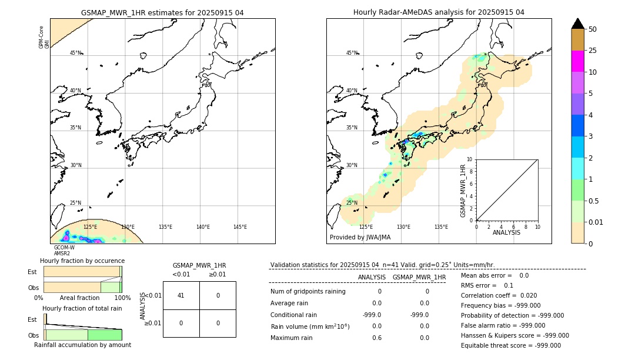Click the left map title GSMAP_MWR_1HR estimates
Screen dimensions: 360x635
coord(162,12)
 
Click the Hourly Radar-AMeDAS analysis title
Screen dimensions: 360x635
coord(439,12)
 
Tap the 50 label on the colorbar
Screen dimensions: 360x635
coord(593,29)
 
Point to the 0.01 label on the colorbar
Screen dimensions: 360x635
coord(596,222)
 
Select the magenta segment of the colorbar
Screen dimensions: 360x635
coord(577,61)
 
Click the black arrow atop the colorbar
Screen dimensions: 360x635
coord(577,24)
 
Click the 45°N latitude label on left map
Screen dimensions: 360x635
coord(75,53)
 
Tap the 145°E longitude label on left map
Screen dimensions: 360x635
coord(240,227)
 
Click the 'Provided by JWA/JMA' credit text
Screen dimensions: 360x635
coord(360,238)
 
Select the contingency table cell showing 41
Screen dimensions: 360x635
coord(181,295)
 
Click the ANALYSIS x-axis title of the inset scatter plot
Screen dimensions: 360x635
coord(506,233)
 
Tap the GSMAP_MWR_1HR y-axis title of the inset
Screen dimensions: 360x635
coord(463,191)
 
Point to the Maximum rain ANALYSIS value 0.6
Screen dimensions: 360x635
coord(376,338)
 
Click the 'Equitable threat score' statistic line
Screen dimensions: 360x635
coord(510,345)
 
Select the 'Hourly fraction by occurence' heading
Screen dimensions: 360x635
coord(82,261)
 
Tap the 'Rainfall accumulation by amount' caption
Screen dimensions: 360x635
coord(82,345)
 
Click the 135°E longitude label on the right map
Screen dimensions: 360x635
coord(441,227)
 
